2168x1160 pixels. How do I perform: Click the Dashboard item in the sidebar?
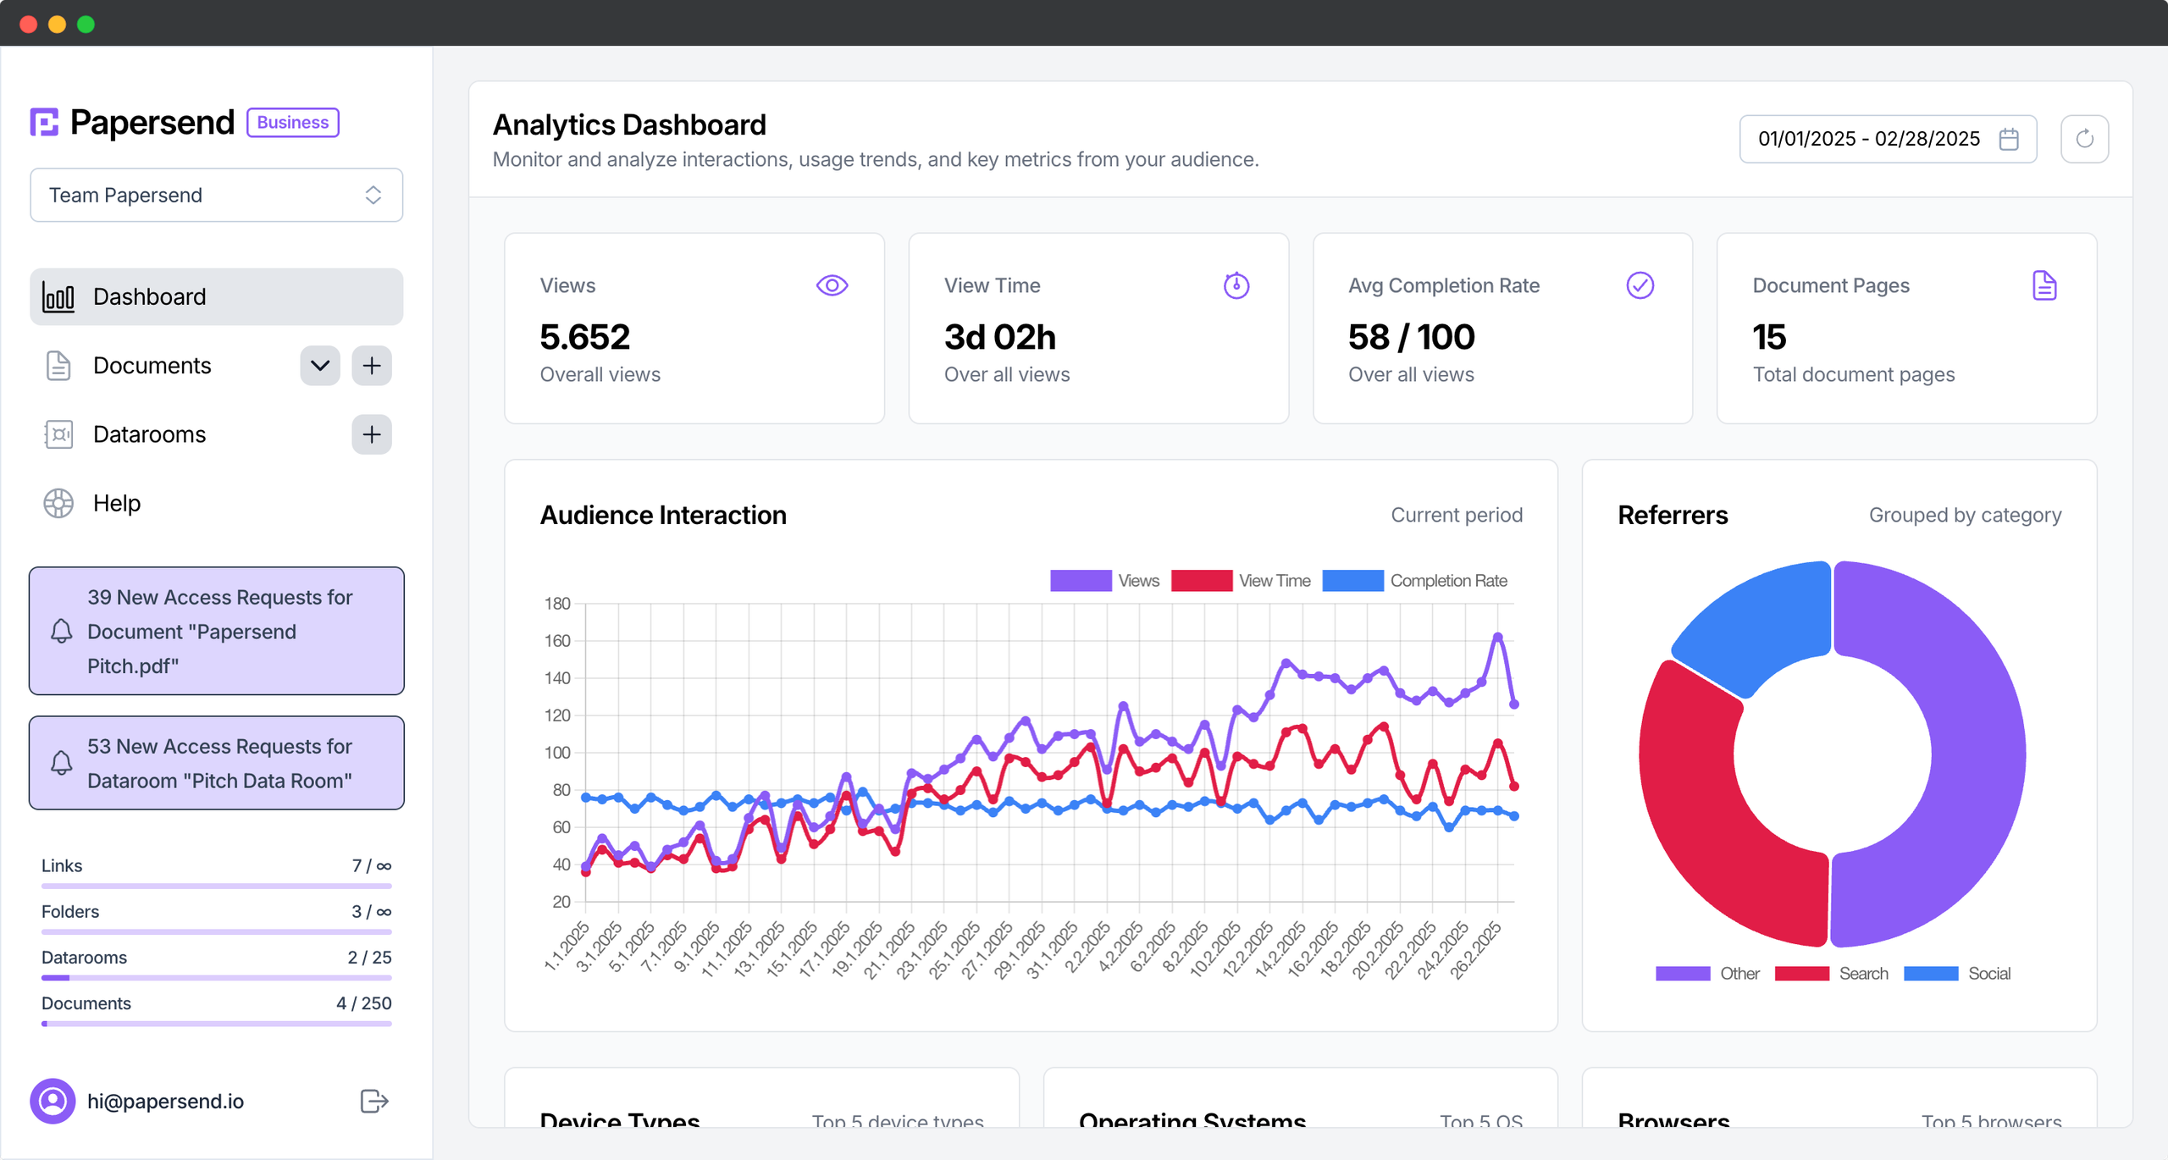click(x=216, y=297)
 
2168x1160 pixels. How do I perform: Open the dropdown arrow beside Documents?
click(x=319, y=366)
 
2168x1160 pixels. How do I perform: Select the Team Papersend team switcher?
click(x=216, y=196)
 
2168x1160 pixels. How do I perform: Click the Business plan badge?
click(x=292, y=123)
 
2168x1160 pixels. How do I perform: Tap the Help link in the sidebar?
click(x=116, y=504)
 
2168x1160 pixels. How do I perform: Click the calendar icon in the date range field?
click(x=2008, y=139)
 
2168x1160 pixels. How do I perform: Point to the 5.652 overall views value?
click(x=584, y=338)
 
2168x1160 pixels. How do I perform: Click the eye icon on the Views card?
click(x=832, y=286)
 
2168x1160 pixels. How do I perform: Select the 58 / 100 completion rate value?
click(x=1411, y=338)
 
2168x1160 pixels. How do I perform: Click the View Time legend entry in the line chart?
click(x=1242, y=581)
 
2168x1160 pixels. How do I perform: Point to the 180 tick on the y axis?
click(x=557, y=604)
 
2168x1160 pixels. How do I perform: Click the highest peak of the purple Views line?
click(x=1497, y=637)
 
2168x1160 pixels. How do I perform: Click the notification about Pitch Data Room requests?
click(x=216, y=764)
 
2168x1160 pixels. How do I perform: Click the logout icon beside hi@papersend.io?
click(x=373, y=1102)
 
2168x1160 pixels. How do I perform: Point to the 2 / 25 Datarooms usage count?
click(x=369, y=958)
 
